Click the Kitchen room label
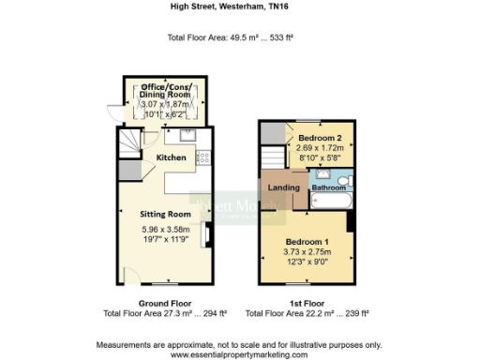tap(171, 157)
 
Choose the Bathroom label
tap(329, 187)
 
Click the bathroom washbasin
tap(322, 175)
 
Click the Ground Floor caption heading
tap(165, 304)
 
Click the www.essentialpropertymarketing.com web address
tap(239, 355)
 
